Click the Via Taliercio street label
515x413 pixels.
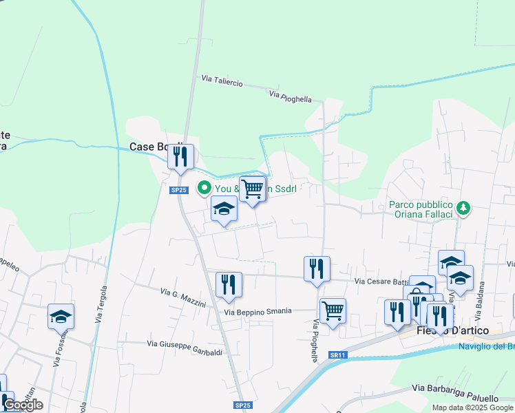pos(222,81)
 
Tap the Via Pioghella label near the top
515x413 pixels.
pos(291,97)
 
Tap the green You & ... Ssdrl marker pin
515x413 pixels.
pos(204,187)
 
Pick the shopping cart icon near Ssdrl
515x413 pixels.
pos(253,187)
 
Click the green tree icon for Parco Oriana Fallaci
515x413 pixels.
pos(464,206)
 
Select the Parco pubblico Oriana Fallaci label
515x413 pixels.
pos(421,210)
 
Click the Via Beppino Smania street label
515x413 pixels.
pos(267,312)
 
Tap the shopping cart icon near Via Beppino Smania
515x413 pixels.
pos(333,310)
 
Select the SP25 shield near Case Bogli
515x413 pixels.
pos(178,190)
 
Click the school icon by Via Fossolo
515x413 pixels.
pos(61,316)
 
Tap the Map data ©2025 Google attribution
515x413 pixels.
pos(472,407)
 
